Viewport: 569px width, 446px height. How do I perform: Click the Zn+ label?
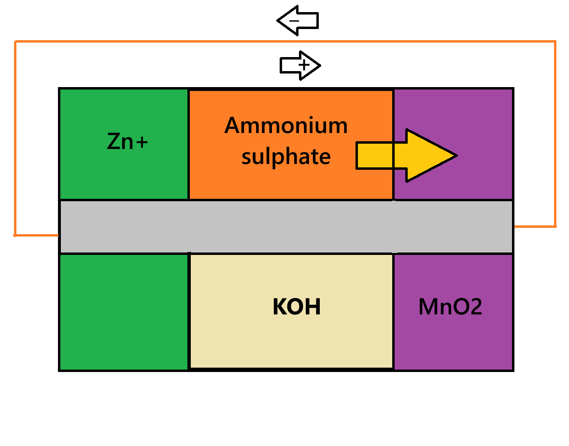[x=127, y=142]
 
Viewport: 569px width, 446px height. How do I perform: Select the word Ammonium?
[x=286, y=126]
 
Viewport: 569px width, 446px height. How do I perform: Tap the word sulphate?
[x=286, y=157]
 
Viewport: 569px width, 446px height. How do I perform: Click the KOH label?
[x=297, y=307]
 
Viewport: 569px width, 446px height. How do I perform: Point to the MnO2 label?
[x=450, y=307]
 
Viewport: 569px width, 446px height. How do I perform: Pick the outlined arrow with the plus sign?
[x=300, y=65]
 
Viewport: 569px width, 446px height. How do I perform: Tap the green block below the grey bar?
[x=124, y=312]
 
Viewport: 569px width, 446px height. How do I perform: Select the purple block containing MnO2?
[x=453, y=339]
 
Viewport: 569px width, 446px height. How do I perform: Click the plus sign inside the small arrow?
[x=304, y=65]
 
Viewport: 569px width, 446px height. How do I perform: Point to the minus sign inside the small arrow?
[x=295, y=21]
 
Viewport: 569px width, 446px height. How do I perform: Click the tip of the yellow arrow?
[x=455, y=156]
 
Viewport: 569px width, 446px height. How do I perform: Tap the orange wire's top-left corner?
[x=15, y=42]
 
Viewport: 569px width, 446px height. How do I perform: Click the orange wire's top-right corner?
[x=555, y=42]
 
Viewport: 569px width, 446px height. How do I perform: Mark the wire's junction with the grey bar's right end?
[x=514, y=226]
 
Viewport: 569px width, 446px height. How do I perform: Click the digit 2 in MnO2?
[x=475, y=307]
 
